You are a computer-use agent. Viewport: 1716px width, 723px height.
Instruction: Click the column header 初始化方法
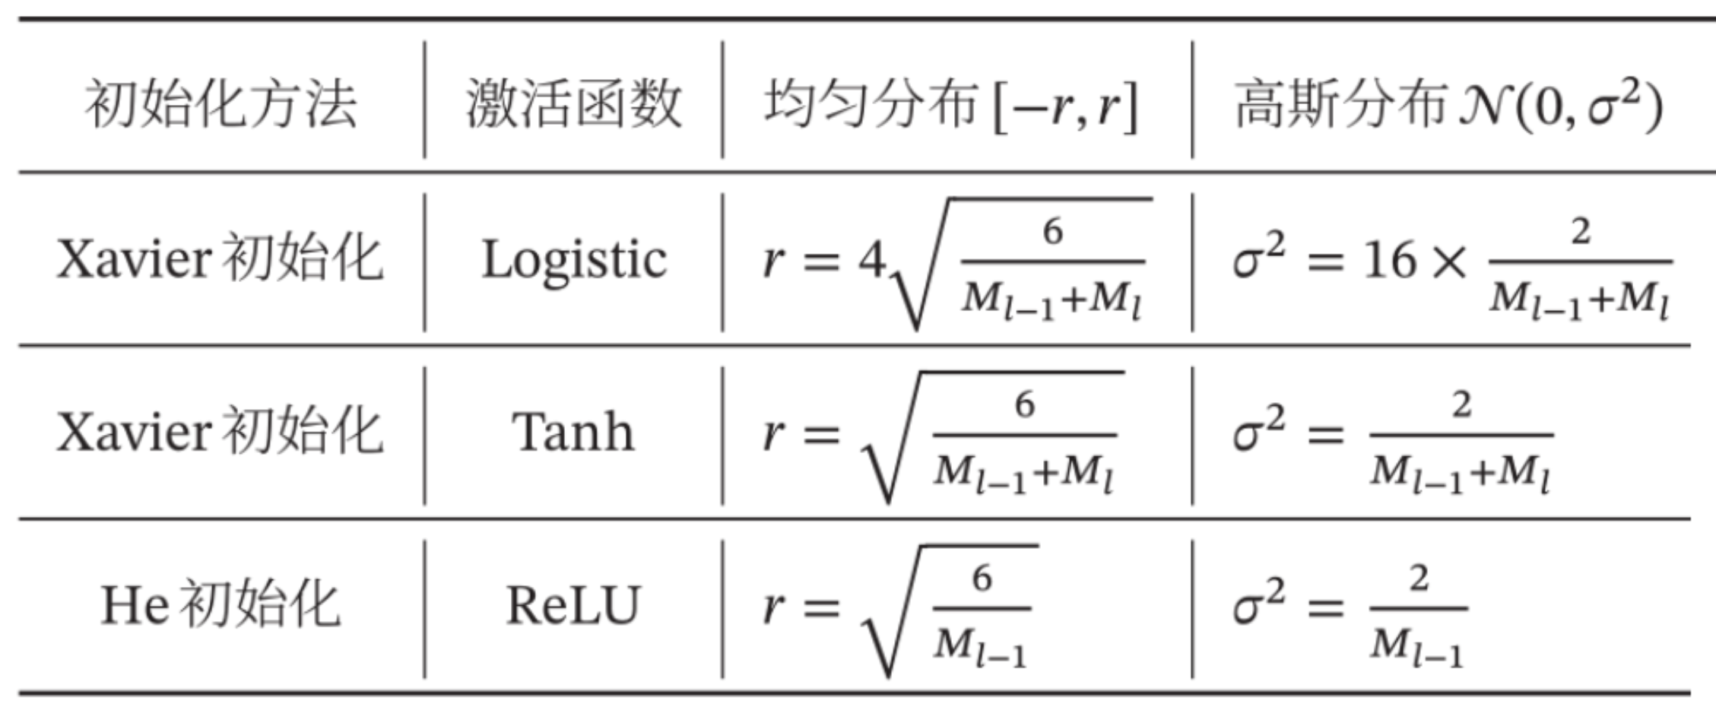click(x=220, y=104)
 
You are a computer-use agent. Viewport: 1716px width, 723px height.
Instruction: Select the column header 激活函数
click(x=573, y=104)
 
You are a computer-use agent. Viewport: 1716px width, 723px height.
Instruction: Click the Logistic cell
click(x=574, y=261)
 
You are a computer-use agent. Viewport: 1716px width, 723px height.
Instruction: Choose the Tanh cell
click(x=573, y=432)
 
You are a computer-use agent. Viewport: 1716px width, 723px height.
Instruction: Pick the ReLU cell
click(x=573, y=606)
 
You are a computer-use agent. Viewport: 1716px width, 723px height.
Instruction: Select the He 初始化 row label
click(x=220, y=606)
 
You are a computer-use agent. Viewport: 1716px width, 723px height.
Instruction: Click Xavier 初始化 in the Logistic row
click(x=220, y=259)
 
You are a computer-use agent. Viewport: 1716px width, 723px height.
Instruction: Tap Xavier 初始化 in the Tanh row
click(x=220, y=432)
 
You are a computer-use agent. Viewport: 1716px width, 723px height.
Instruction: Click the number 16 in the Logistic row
click(x=1390, y=261)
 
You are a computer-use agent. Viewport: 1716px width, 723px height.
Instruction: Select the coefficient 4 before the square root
click(x=871, y=261)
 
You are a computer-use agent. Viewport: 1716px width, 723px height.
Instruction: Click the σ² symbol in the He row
click(x=1259, y=604)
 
